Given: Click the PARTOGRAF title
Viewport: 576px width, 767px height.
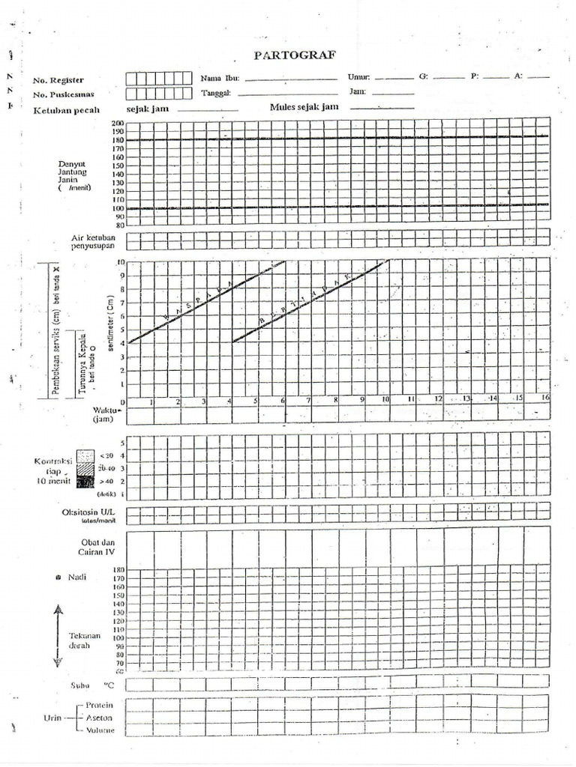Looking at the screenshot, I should (x=295, y=55).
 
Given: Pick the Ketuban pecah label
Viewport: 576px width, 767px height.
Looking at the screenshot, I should (x=66, y=109).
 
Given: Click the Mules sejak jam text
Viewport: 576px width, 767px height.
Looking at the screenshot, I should (x=304, y=107).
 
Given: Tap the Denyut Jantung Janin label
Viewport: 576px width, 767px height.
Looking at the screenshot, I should (x=73, y=175).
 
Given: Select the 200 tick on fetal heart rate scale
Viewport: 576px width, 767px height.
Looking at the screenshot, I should (x=118, y=124).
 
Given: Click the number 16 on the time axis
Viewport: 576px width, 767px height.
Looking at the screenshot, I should (x=545, y=398).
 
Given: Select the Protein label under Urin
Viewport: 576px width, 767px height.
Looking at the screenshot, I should (x=100, y=705).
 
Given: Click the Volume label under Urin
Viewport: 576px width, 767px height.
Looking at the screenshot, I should (x=100, y=730).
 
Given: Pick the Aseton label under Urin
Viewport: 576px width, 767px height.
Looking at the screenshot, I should (x=99, y=718).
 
